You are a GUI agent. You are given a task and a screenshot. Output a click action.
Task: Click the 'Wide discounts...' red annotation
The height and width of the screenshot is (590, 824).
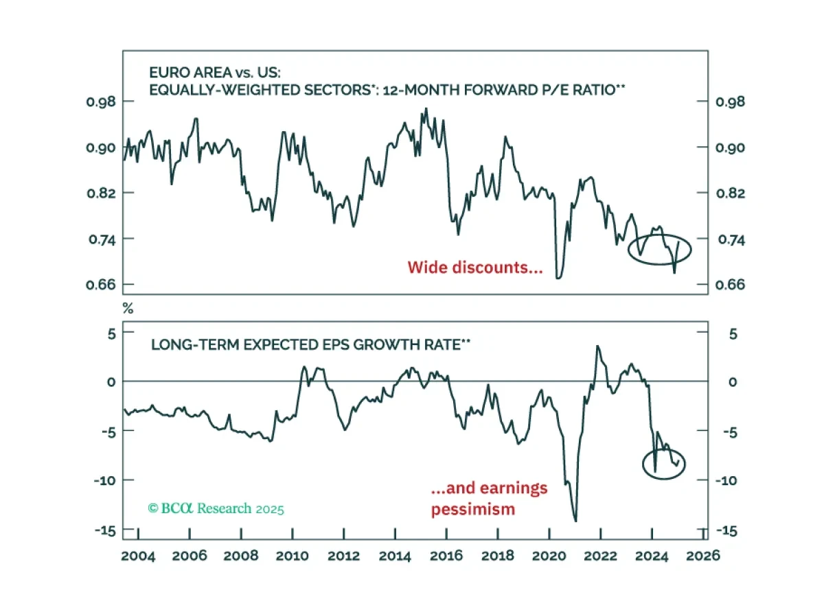475,267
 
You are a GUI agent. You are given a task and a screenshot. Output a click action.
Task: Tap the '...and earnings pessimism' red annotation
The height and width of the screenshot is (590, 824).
489,499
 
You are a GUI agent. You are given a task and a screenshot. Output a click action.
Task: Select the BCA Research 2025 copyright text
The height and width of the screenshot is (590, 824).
216,508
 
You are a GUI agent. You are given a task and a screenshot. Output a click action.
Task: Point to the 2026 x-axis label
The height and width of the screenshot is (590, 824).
704,555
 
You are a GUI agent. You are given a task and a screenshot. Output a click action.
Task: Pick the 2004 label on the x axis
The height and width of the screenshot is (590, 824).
139,555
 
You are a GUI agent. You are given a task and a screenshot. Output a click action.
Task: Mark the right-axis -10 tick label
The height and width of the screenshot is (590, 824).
727,480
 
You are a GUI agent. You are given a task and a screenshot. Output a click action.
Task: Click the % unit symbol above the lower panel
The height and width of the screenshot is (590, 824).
128,308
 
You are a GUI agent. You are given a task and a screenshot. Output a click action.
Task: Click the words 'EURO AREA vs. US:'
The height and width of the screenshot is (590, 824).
202,71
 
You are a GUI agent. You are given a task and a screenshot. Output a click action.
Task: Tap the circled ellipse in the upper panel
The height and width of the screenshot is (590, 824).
660,250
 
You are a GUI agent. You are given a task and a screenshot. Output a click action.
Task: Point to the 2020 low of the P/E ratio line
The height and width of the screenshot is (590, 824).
558,277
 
